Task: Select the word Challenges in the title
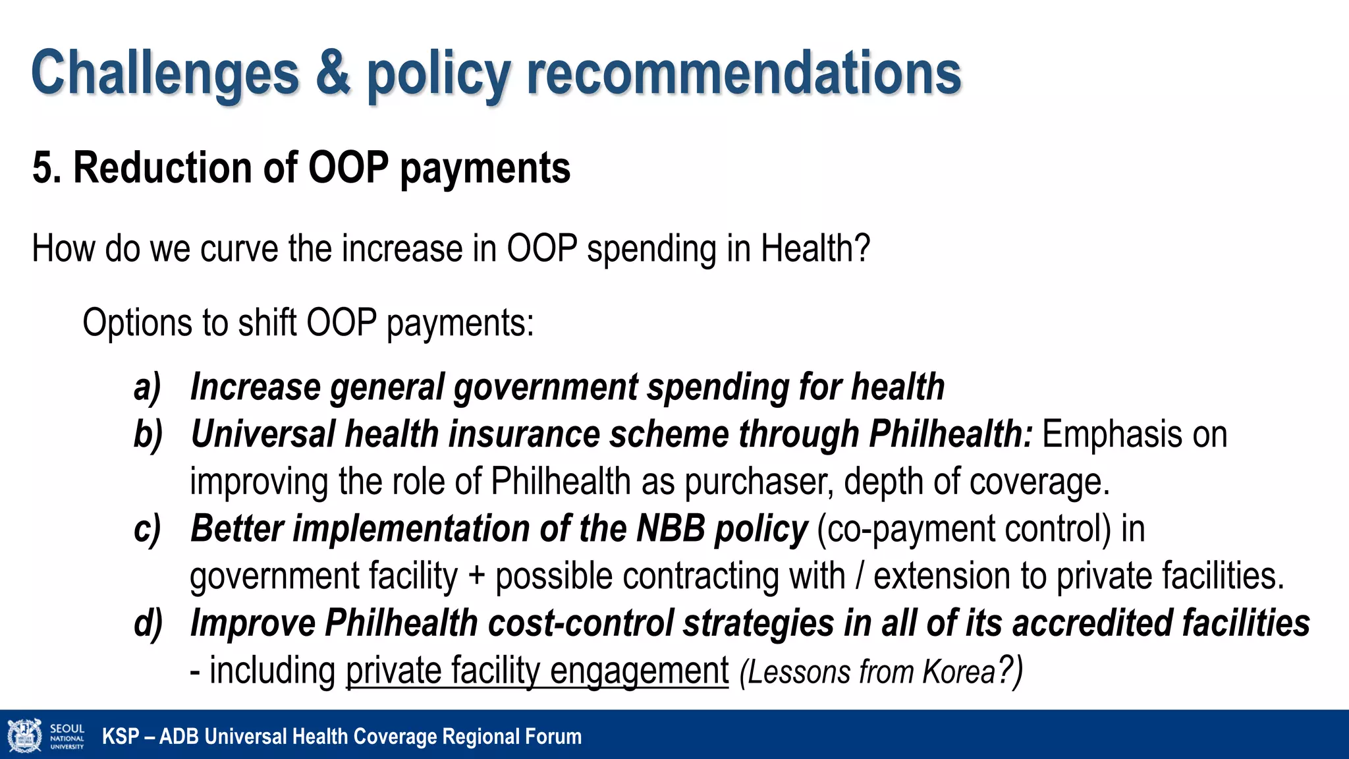pyautogui.click(x=165, y=74)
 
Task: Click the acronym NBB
pyautogui.click(x=671, y=528)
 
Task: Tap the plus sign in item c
pyautogui.click(x=476, y=576)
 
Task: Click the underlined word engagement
pyautogui.click(x=639, y=671)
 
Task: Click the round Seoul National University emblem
pyautogui.click(x=24, y=736)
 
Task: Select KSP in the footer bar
pyautogui.click(x=121, y=737)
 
